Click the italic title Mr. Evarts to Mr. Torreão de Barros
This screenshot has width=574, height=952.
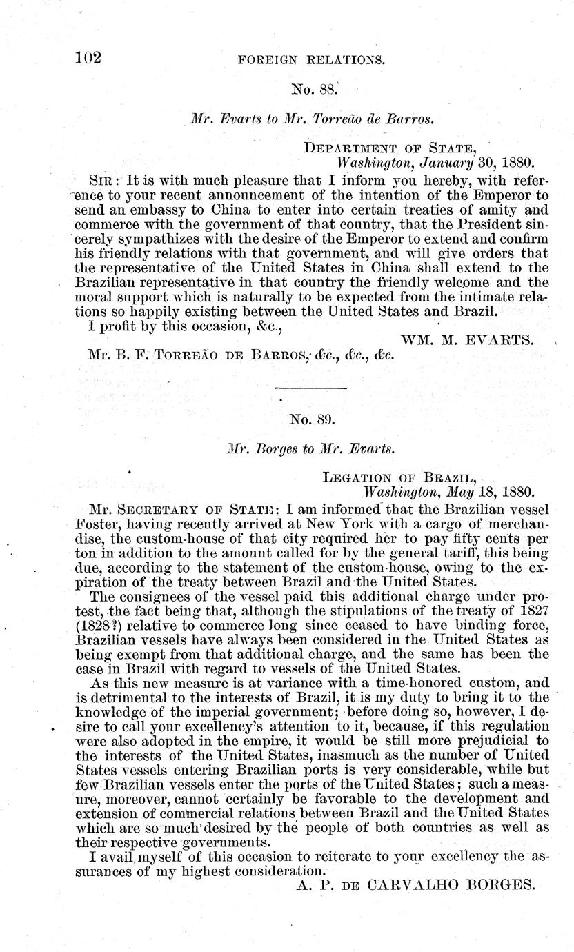click(x=312, y=118)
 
